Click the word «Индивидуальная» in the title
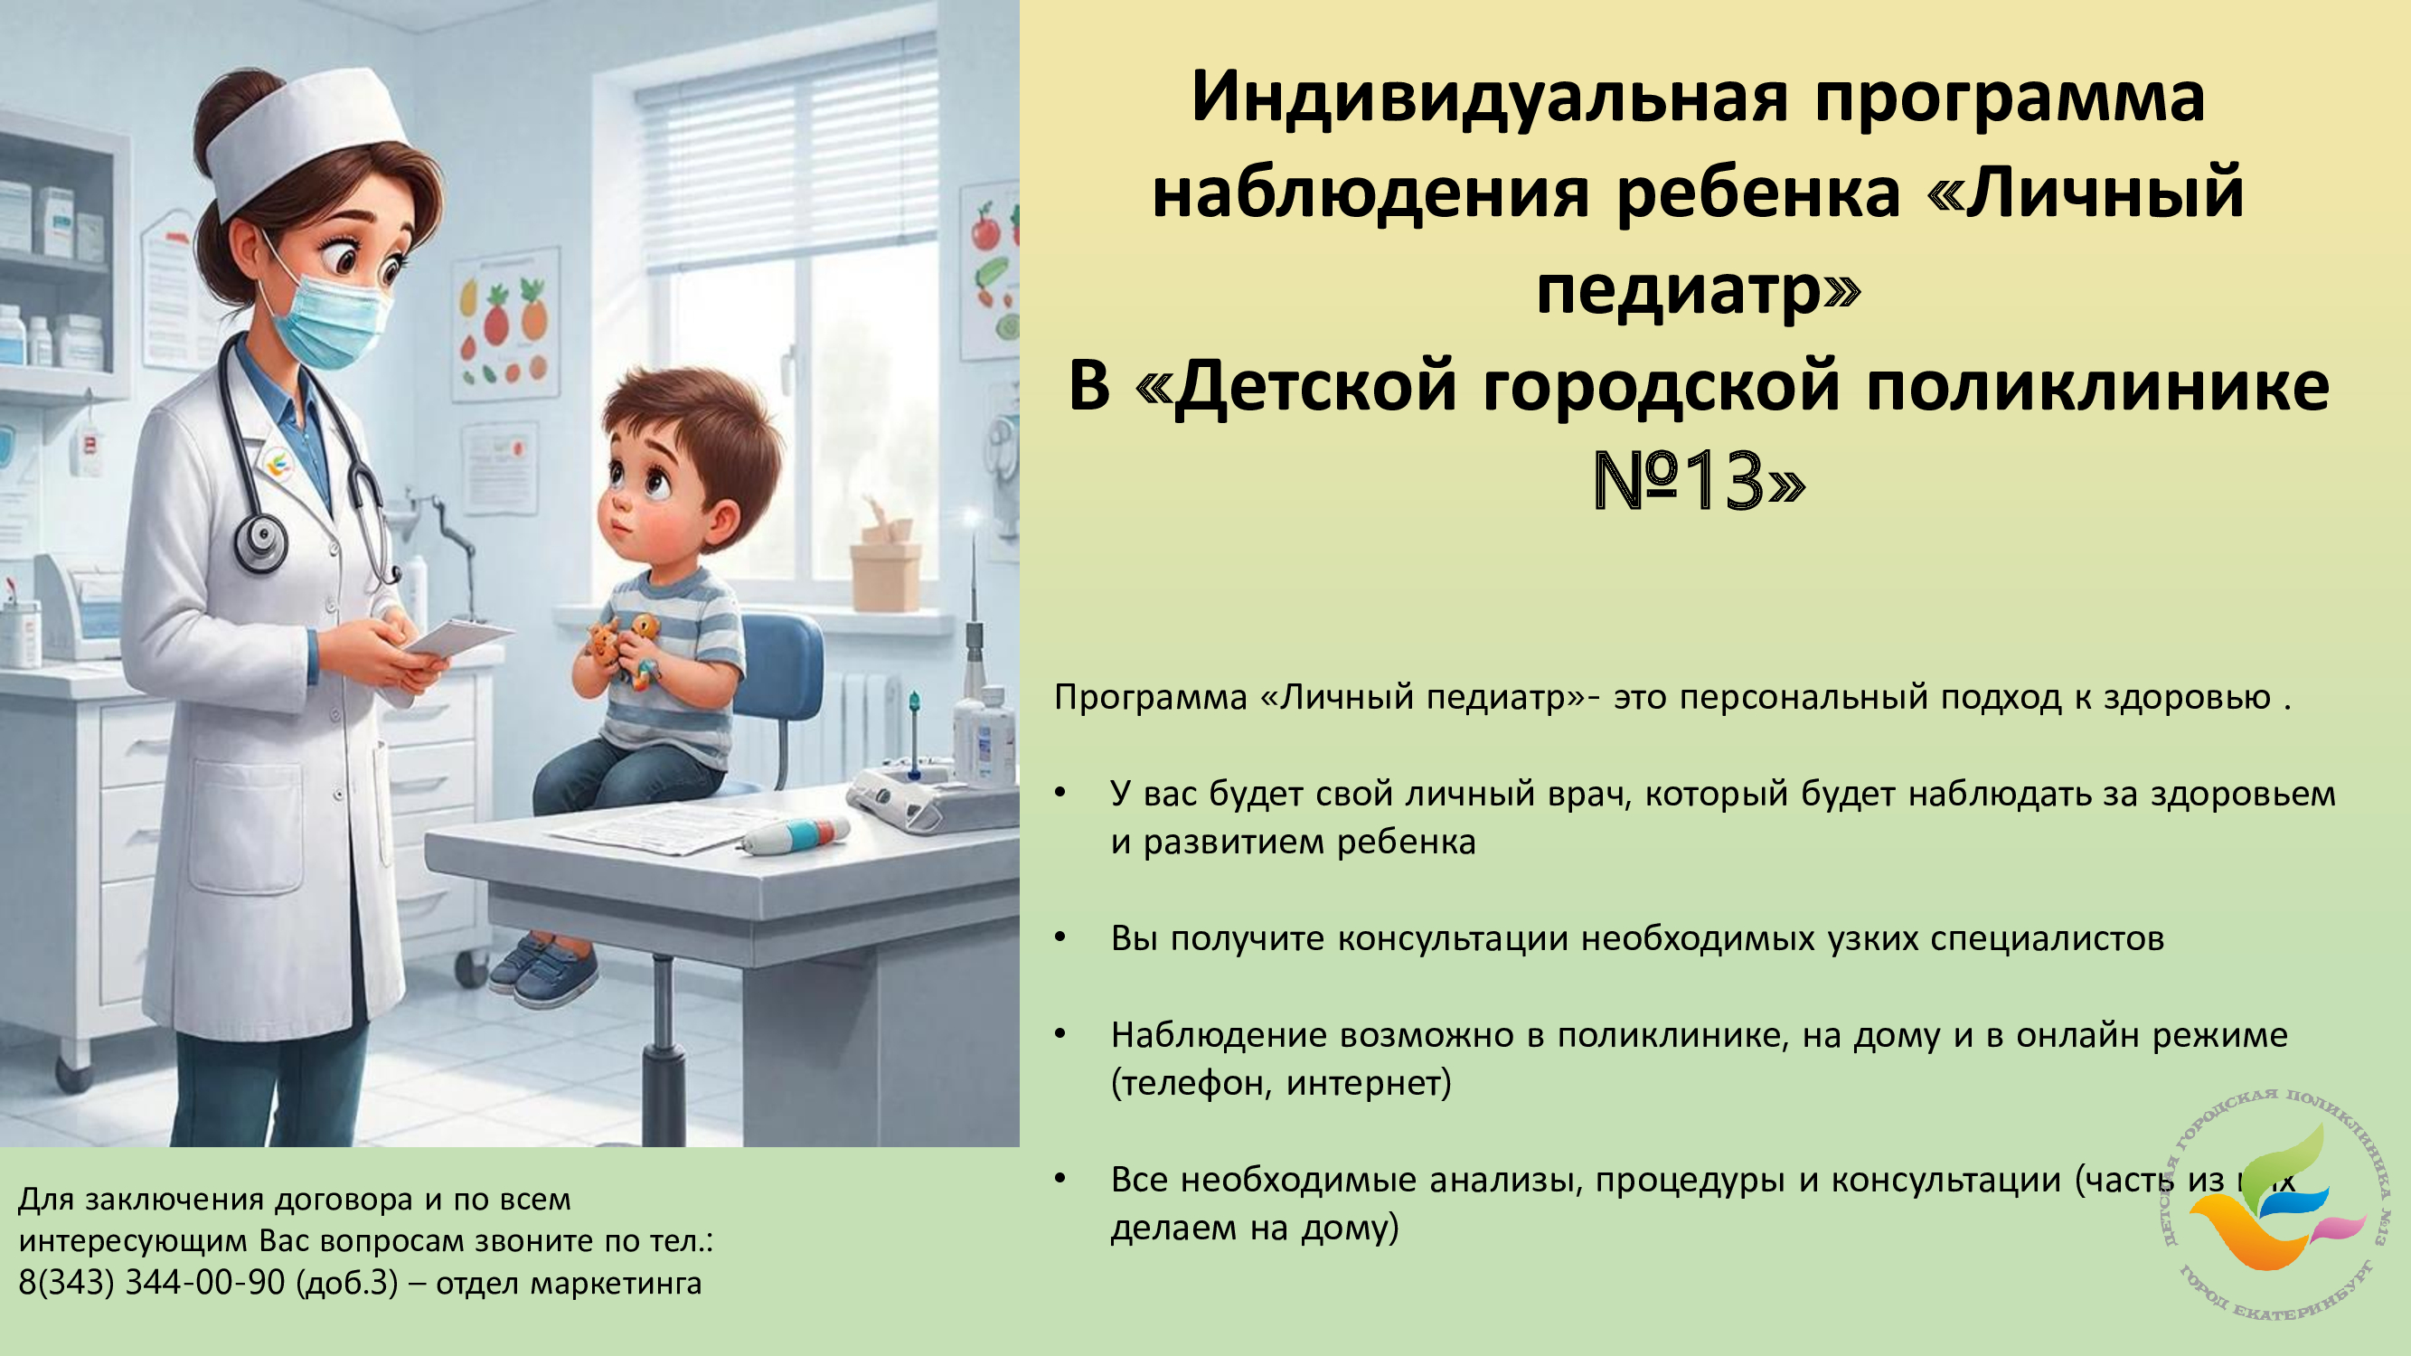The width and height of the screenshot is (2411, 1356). (1490, 98)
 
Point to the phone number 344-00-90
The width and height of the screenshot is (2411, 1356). (205, 1282)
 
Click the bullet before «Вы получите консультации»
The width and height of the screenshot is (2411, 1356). (1060, 937)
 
